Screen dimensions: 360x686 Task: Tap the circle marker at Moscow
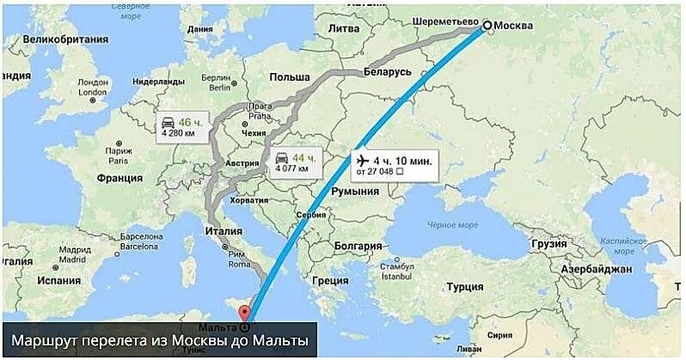[x=485, y=26]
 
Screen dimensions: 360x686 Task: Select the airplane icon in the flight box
[x=360, y=161]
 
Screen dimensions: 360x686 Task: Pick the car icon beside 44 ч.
[x=281, y=158]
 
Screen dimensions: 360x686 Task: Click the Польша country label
[x=289, y=76]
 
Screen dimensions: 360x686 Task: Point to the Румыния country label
[x=355, y=191]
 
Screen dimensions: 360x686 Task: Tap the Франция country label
[x=119, y=178]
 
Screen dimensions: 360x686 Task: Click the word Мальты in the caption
[x=276, y=341]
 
